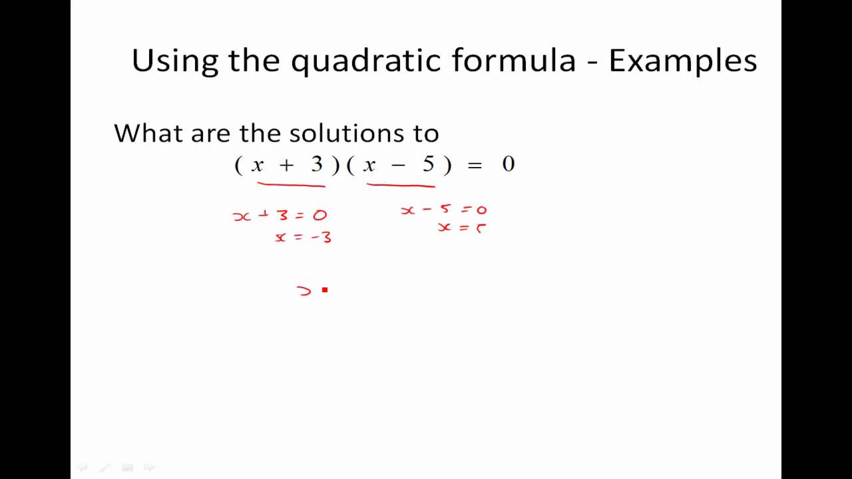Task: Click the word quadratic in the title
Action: pos(366,61)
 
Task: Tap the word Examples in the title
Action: pos(682,61)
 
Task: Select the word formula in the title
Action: pos(514,61)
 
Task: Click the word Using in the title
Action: pos(174,61)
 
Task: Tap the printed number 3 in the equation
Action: pos(317,165)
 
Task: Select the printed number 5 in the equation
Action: pos(429,165)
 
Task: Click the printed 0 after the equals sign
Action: pos(509,165)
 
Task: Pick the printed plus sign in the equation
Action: pos(286,166)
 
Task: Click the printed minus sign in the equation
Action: pos(398,166)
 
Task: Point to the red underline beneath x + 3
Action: pos(291,185)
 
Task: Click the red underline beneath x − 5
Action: pos(401,185)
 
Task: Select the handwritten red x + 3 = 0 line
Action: pos(280,216)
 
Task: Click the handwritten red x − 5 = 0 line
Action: pos(443,210)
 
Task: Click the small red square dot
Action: pos(325,290)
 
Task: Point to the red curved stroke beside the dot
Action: pos(304,291)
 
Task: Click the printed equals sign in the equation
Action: pos(475,166)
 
